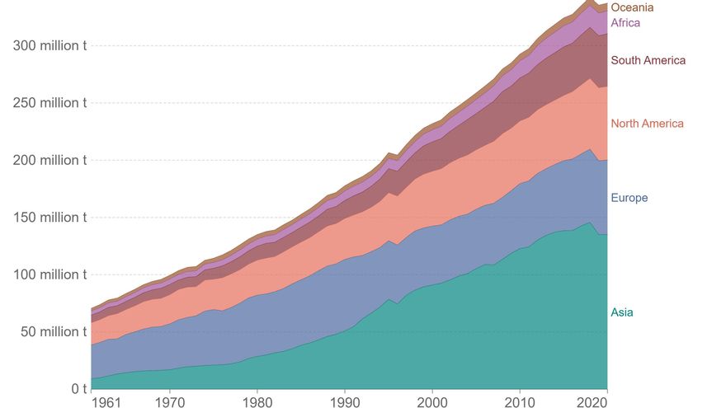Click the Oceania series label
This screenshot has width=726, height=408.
(632, 7)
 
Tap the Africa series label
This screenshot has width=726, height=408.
(625, 23)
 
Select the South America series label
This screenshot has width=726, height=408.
(648, 60)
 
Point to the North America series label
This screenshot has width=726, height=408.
(647, 124)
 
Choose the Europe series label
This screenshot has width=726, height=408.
(629, 198)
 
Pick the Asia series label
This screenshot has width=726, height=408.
(622, 312)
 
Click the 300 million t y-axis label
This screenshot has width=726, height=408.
(50, 45)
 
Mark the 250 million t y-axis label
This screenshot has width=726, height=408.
(50, 103)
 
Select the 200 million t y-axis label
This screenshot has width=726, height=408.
(50, 160)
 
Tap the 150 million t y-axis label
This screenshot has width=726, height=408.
(50, 218)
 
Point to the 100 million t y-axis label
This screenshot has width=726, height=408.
(50, 274)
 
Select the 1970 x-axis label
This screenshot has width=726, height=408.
(170, 402)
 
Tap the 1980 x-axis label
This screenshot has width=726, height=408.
(257, 402)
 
